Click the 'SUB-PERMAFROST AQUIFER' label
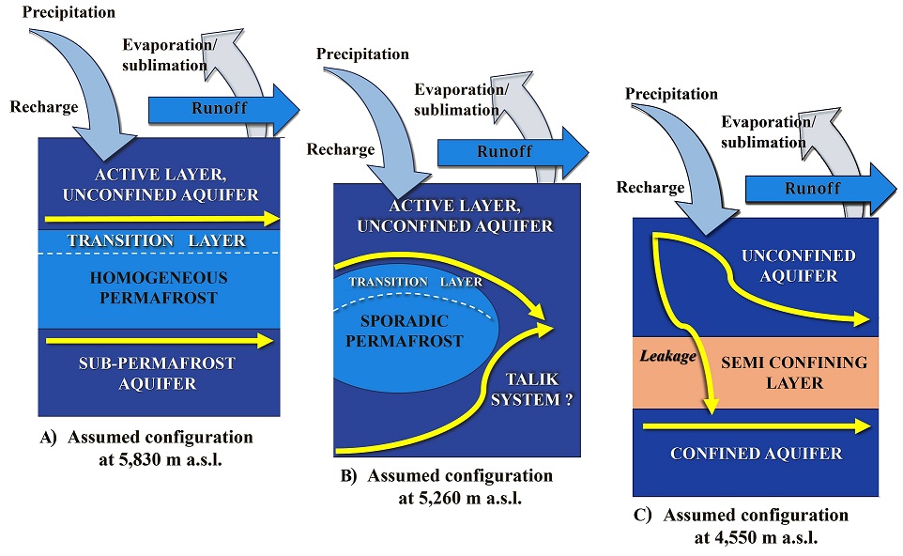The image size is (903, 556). point(158,373)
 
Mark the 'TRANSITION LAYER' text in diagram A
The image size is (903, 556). point(158,241)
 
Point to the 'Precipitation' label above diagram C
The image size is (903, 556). point(671,94)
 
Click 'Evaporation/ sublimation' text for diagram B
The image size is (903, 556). point(461,100)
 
